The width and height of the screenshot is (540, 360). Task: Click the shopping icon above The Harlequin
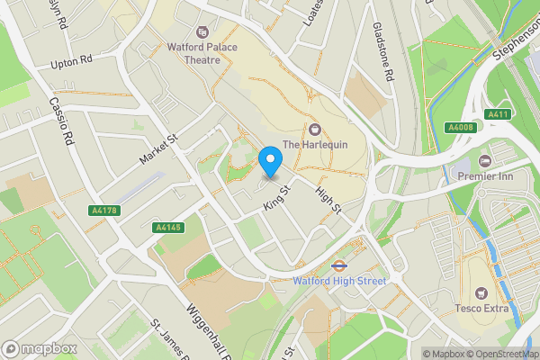coord(314,128)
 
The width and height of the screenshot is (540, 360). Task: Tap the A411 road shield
coord(498,114)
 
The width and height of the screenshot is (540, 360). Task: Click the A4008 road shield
coord(460,128)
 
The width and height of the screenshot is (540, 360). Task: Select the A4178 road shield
coord(105,210)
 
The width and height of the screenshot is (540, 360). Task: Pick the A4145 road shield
coord(168,228)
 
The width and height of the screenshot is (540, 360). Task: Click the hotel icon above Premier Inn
coord(485,160)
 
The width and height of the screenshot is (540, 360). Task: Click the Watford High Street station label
coord(339,281)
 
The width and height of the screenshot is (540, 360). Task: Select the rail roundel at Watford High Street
coord(339,265)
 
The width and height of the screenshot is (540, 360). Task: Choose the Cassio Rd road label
coord(61,122)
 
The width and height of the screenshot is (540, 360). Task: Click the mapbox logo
coord(37,348)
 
